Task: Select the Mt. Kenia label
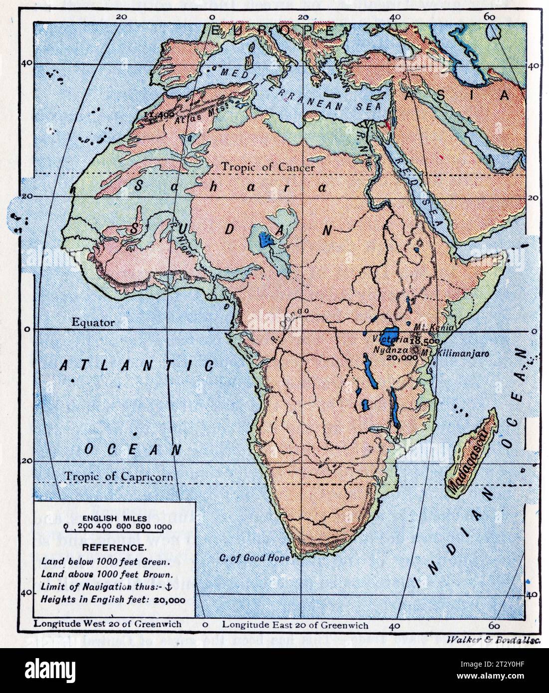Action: [x=434, y=328]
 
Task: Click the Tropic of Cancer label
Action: [x=268, y=167]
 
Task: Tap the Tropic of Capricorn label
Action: [x=119, y=477]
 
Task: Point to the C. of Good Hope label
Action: [x=254, y=558]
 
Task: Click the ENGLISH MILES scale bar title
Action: [x=117, y=518]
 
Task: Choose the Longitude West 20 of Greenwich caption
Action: [x=107, y=624]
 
